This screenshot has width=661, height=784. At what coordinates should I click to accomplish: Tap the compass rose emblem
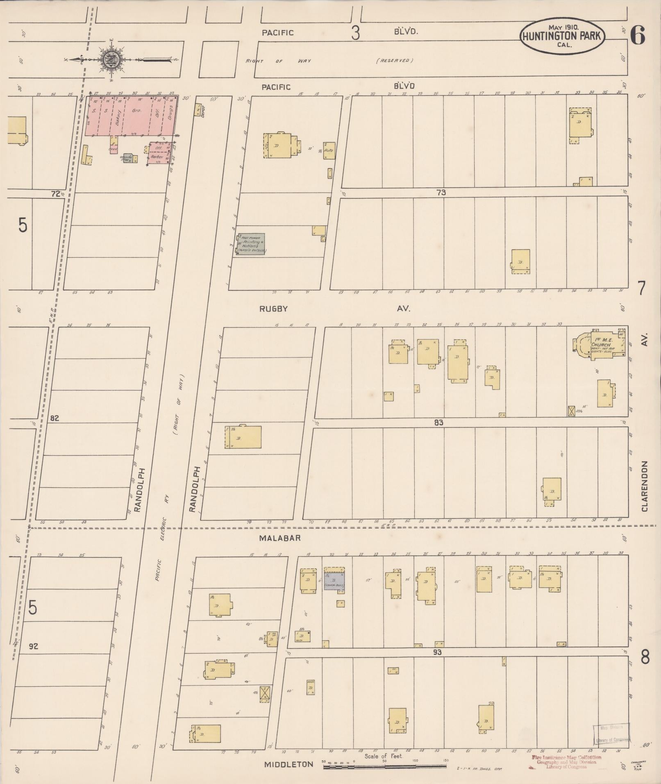click(x=111, y=59)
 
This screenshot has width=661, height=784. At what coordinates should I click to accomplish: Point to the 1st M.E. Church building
click(x=602, y=344)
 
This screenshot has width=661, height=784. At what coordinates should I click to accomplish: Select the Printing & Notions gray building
click(x=251, y=244)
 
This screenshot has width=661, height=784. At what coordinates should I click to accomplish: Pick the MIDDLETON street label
click(x=289, y=764)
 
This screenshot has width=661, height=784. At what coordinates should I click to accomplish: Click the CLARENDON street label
click(x=645, y=486)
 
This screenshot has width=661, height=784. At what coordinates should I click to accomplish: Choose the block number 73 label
click(x=441, y=192)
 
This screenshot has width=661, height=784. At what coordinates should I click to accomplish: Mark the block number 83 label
click(x=438, y=422)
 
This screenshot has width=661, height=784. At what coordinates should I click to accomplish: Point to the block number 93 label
click(x=438, y=652)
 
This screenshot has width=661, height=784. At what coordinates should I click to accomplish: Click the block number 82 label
click(x=54, y=418)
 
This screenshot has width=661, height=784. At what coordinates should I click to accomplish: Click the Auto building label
click(x=329, y=151)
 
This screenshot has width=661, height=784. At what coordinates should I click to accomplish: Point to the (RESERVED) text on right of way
click(x=394, y=61)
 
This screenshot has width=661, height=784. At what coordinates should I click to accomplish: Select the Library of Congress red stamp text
click(x=566, y=762)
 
